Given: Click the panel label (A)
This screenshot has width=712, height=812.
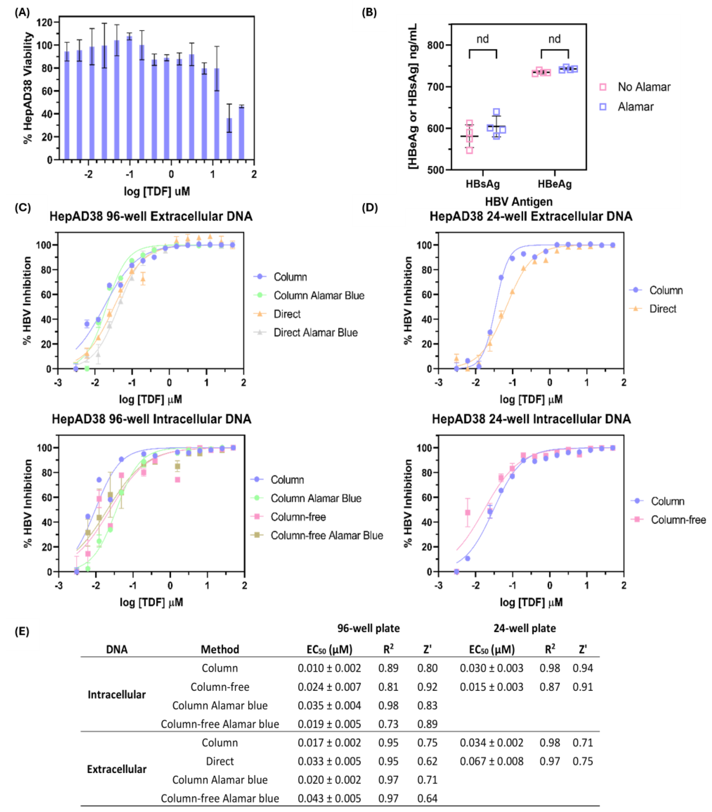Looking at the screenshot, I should (22, 13).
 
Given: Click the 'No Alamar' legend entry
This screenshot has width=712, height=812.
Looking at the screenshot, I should (643, 87).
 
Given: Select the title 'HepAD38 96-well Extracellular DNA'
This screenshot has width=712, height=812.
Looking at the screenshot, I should (151, 217).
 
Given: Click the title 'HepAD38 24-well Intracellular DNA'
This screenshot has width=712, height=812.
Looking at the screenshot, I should (531, 419).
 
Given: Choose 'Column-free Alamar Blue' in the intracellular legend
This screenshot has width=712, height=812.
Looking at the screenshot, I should (326, 535).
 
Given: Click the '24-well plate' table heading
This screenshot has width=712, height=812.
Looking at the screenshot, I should (524, 628).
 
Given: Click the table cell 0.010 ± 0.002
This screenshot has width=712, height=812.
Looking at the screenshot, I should (329, 668).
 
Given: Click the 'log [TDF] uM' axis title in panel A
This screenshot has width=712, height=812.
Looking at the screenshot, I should (157, 191).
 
